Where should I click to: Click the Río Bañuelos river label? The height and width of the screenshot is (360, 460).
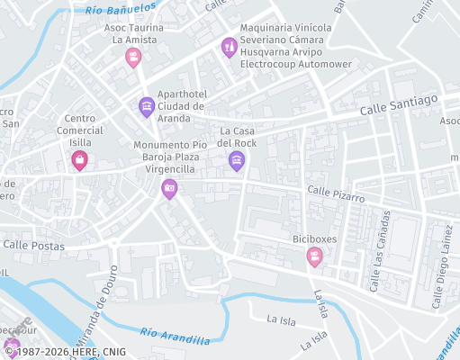(121, 10)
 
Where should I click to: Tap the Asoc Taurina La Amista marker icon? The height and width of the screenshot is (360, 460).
(133, 58)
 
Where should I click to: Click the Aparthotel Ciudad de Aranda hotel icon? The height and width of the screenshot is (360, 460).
(146, 108)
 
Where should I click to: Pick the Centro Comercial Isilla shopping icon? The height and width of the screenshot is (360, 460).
(79, 161)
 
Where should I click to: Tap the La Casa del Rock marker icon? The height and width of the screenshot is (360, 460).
(237, 161)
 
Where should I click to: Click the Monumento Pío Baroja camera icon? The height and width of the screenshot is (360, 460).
(168, 188)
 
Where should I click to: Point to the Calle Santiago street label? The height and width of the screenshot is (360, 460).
(399, 104)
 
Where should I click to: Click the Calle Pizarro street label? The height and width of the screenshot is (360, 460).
(335, 193)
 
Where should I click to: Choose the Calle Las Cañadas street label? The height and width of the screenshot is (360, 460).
(380, 246)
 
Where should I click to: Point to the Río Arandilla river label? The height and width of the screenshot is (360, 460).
(180, 337)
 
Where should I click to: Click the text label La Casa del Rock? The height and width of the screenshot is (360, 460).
(238, 137)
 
